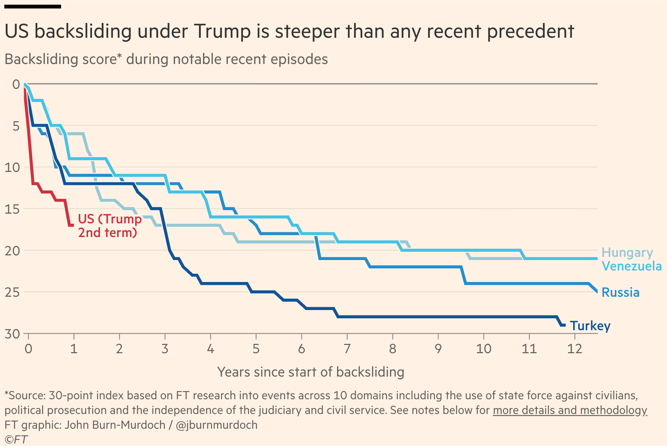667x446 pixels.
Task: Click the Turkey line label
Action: pos(590,326)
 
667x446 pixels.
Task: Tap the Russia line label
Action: pos(620,292)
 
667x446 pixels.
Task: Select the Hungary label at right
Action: pos(627,252)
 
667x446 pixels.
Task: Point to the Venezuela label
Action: pos(631,266)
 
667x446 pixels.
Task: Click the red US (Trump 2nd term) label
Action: pos(109,226)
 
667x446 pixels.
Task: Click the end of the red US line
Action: pos(73,225)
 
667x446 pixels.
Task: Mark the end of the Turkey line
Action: pos(565,325)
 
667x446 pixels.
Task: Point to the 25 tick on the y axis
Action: pos(12,292)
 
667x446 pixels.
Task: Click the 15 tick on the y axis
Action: pos(12,209)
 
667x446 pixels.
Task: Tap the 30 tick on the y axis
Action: pos(12,334)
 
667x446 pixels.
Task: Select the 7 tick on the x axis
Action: pos(347,349)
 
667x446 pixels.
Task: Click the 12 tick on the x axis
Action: pos(574,349)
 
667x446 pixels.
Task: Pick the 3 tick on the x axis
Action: pos(165,349)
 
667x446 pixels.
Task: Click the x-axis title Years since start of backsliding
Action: pos(310,372)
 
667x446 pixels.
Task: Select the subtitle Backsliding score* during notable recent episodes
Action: pos(166,59)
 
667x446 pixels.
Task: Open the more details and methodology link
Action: pos(570,410)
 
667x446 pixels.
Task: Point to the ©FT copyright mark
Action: pos(16,440)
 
